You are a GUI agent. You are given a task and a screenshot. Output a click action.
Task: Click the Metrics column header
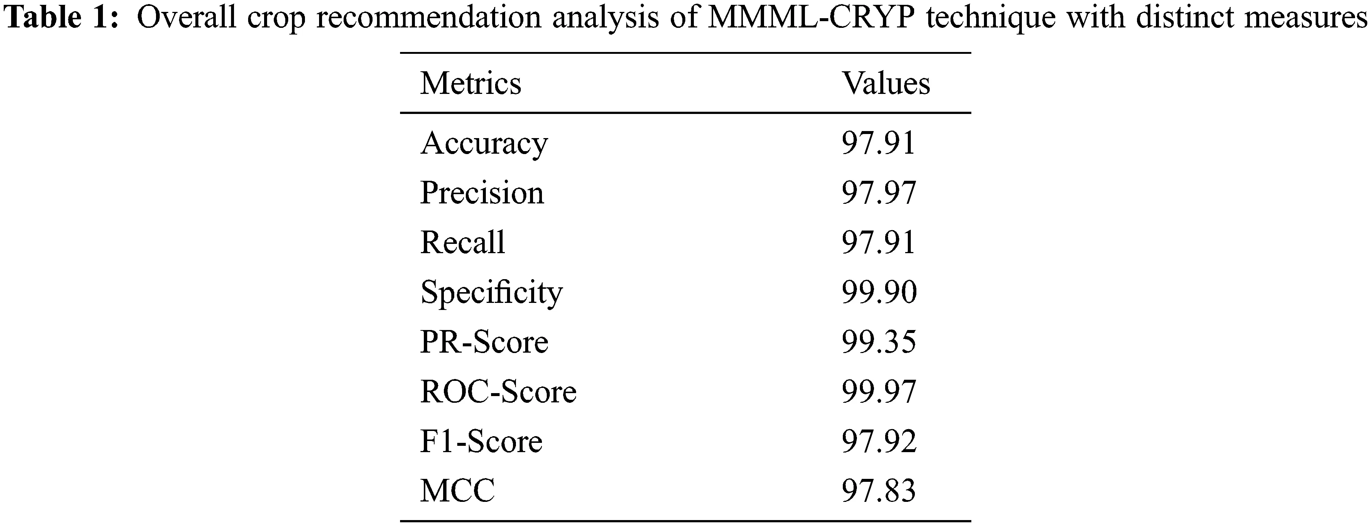coord(471,84)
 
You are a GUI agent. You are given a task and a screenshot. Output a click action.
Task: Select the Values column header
coord(886,84)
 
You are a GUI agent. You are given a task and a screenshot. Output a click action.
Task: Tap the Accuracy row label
coord(484,144)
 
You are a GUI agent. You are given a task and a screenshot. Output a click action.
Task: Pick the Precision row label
coord(482,193)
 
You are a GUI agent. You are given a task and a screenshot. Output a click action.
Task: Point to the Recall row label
coord(462,242)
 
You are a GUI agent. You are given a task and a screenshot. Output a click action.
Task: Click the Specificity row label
coord(491,293)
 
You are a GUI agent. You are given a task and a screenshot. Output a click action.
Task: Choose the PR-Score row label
coord(484,342)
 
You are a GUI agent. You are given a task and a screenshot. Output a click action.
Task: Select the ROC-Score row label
coord(498,392)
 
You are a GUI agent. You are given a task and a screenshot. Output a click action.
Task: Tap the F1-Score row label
coord(481,441)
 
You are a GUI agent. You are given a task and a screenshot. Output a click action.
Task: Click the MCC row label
coord(458,491)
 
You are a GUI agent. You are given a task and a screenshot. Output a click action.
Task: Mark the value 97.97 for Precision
coord(879,193)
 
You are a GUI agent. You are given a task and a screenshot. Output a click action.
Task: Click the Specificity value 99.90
coord(879,293)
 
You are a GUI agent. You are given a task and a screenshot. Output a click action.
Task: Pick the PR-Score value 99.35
coord(879,342)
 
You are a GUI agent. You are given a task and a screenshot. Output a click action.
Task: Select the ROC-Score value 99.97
coord(879,392)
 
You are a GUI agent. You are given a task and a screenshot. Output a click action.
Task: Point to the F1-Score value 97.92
coord(879,441)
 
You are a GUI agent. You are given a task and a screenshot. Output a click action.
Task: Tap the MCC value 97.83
coord(879,491)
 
